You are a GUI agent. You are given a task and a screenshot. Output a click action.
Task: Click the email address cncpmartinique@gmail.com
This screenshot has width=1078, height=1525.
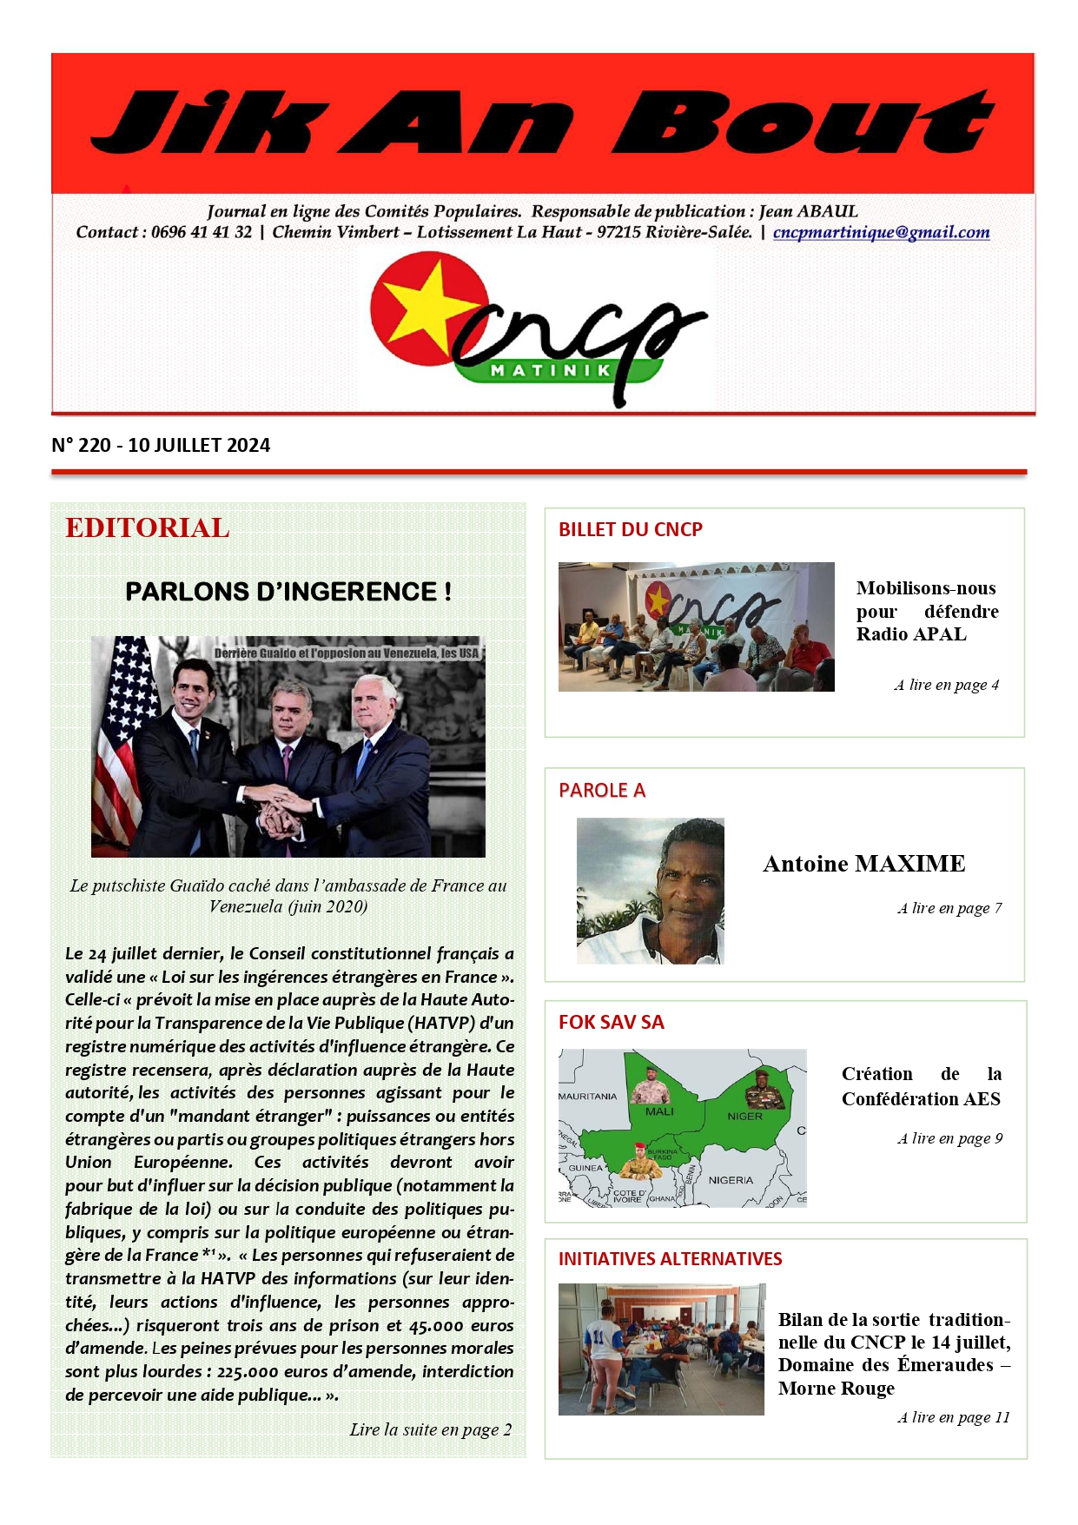[x=881, y=233]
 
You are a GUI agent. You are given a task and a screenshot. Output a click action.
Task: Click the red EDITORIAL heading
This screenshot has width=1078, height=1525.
[x=148, y=527]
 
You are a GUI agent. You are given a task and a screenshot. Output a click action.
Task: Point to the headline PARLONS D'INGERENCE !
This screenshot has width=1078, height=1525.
[x=288, y=592]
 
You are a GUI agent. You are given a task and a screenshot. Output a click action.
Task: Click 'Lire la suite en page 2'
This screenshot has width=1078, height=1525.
[x=430, y=1429]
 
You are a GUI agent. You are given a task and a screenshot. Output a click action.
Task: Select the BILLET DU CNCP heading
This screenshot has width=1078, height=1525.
[x=630, y=529]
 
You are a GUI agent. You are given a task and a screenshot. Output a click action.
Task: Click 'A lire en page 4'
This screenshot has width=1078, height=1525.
[x=946, y=685]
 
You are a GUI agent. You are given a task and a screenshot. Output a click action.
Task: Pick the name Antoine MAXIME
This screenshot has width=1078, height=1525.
[x=863, y=864]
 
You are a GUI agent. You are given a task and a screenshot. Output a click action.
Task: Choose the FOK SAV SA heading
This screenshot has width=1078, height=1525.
[x=611, y=1022]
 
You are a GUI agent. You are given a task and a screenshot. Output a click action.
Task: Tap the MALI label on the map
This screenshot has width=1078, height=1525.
[x=659, y=1111]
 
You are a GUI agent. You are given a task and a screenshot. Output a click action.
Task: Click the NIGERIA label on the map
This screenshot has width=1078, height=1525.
[x=731, y=1180]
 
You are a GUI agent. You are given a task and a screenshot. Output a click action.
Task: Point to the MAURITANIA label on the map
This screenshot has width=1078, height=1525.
[x=587, y=1097]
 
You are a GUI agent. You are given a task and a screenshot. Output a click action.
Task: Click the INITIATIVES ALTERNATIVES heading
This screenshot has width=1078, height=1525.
[x=670, y=1259]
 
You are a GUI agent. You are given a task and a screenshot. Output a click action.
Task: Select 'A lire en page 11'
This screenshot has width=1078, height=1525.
[x=953, y=1417]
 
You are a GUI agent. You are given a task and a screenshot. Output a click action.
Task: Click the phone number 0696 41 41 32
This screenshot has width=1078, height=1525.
[x=202, y=233]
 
